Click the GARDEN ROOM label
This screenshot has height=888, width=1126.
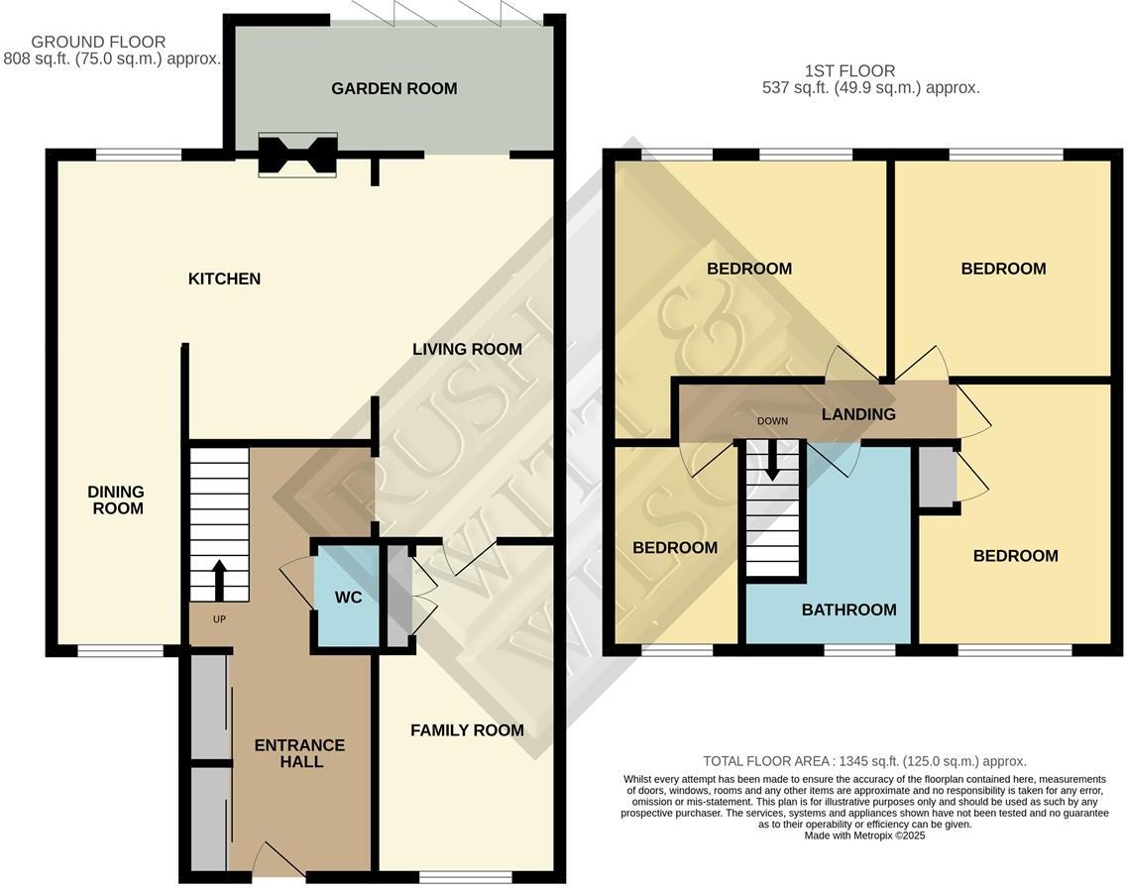click(x=394, y=89)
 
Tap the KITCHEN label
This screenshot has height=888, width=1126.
click(x=224, y=279)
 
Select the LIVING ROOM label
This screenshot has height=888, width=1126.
click(x=467, y=350)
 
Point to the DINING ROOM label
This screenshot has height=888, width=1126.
click(x=116, y=500)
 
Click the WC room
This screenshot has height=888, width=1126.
click(x=347, y=598)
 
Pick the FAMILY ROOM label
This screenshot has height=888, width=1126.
click(x=467, y=731)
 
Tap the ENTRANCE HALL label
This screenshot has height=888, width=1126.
click(x=299, y=754)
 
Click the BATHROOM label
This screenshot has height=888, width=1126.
click(x=848, y=610)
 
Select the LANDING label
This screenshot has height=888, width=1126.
click(x=858, y=415)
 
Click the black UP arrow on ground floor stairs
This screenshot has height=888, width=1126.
click(x=218, y=579)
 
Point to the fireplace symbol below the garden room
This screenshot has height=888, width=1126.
click(x=297, y=156)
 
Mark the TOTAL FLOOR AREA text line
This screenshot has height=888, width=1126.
click(x=864, y=762)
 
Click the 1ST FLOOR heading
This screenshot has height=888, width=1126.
click(x=849, y=71)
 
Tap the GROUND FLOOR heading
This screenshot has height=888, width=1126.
click(x=98, y=43)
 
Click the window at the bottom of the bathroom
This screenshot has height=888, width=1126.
click(x=859, y=650)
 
